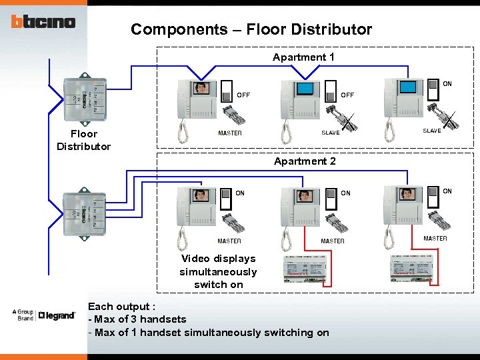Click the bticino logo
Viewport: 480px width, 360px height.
(43, 21)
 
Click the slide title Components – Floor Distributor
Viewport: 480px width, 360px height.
(251, 29)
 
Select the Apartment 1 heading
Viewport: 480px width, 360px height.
(303, 57)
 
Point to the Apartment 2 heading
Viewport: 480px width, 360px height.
(305, 161)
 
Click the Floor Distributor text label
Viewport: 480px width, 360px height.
(83, 140)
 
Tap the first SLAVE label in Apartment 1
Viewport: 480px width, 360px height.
(330, 133)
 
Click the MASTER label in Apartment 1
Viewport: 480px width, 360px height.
(230, 133)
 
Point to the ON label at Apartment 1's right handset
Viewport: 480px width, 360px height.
(447, 84)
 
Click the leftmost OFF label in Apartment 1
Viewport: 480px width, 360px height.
(243, 95)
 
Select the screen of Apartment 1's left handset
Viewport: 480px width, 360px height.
(201, 89)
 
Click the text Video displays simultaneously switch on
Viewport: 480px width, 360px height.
(218, 271)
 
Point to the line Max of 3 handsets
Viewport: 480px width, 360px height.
(137, 319)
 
